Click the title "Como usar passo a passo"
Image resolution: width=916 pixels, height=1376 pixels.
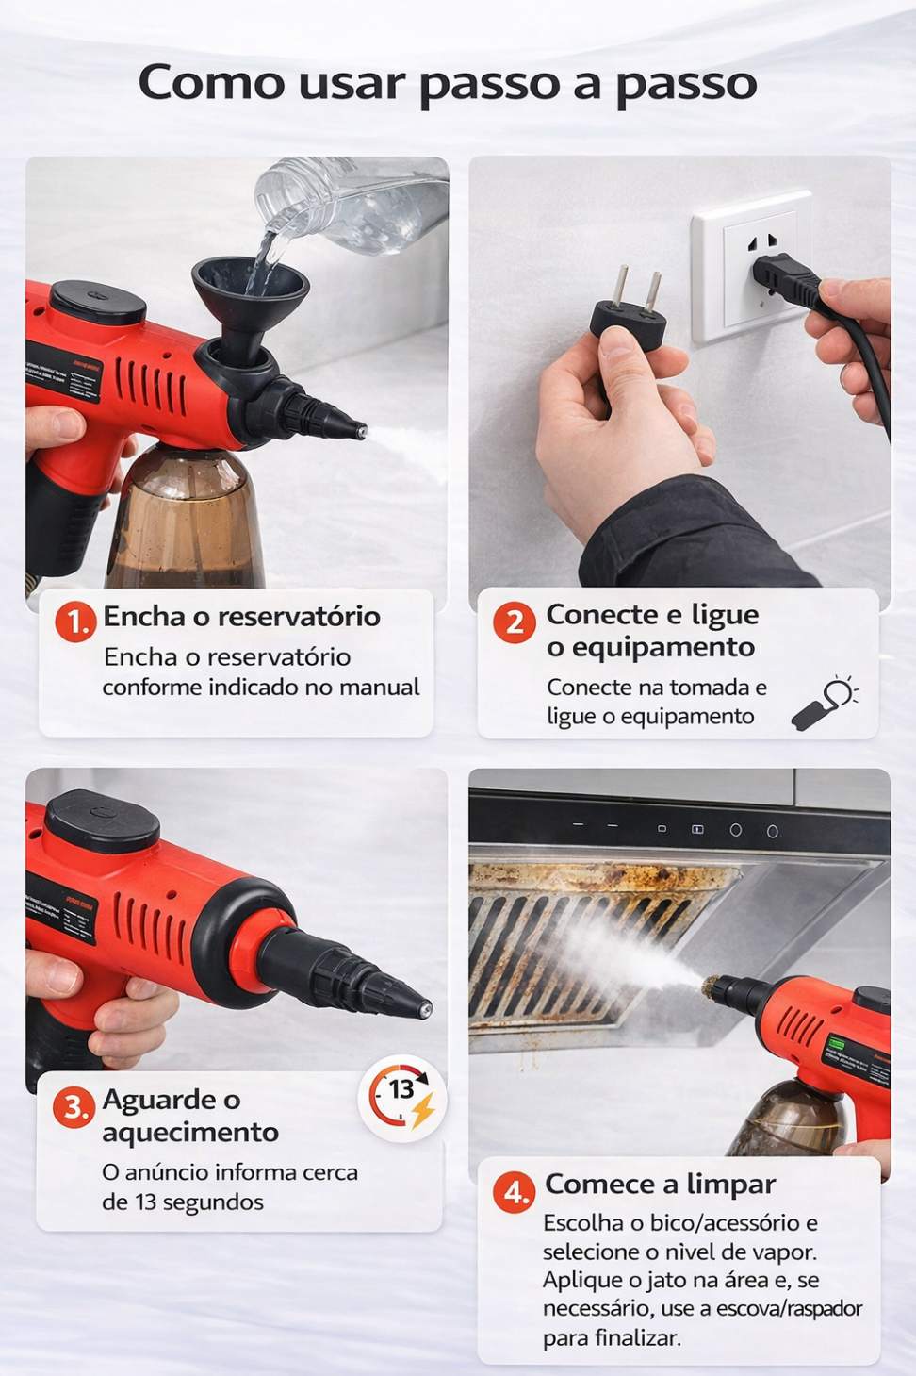click(x=448, y=83)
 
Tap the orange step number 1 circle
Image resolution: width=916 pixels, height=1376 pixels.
click(x=75, y=622)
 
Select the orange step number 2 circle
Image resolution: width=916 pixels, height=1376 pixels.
click(x=514, y=622)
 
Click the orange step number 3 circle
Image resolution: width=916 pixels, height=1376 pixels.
click(x=74, y=1106)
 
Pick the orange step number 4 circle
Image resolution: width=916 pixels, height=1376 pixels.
click(x=515, y=1192)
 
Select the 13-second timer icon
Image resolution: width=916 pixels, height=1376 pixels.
click(x=402, y=1099)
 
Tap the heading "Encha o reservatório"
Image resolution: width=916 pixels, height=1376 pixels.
click(x=241, y=617)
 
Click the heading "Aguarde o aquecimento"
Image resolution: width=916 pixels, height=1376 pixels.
click(x=189, y=1116)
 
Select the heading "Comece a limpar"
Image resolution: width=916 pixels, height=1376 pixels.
click(x=660, y=1184)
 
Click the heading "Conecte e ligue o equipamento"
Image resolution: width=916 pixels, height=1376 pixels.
click(x=651, y=631)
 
